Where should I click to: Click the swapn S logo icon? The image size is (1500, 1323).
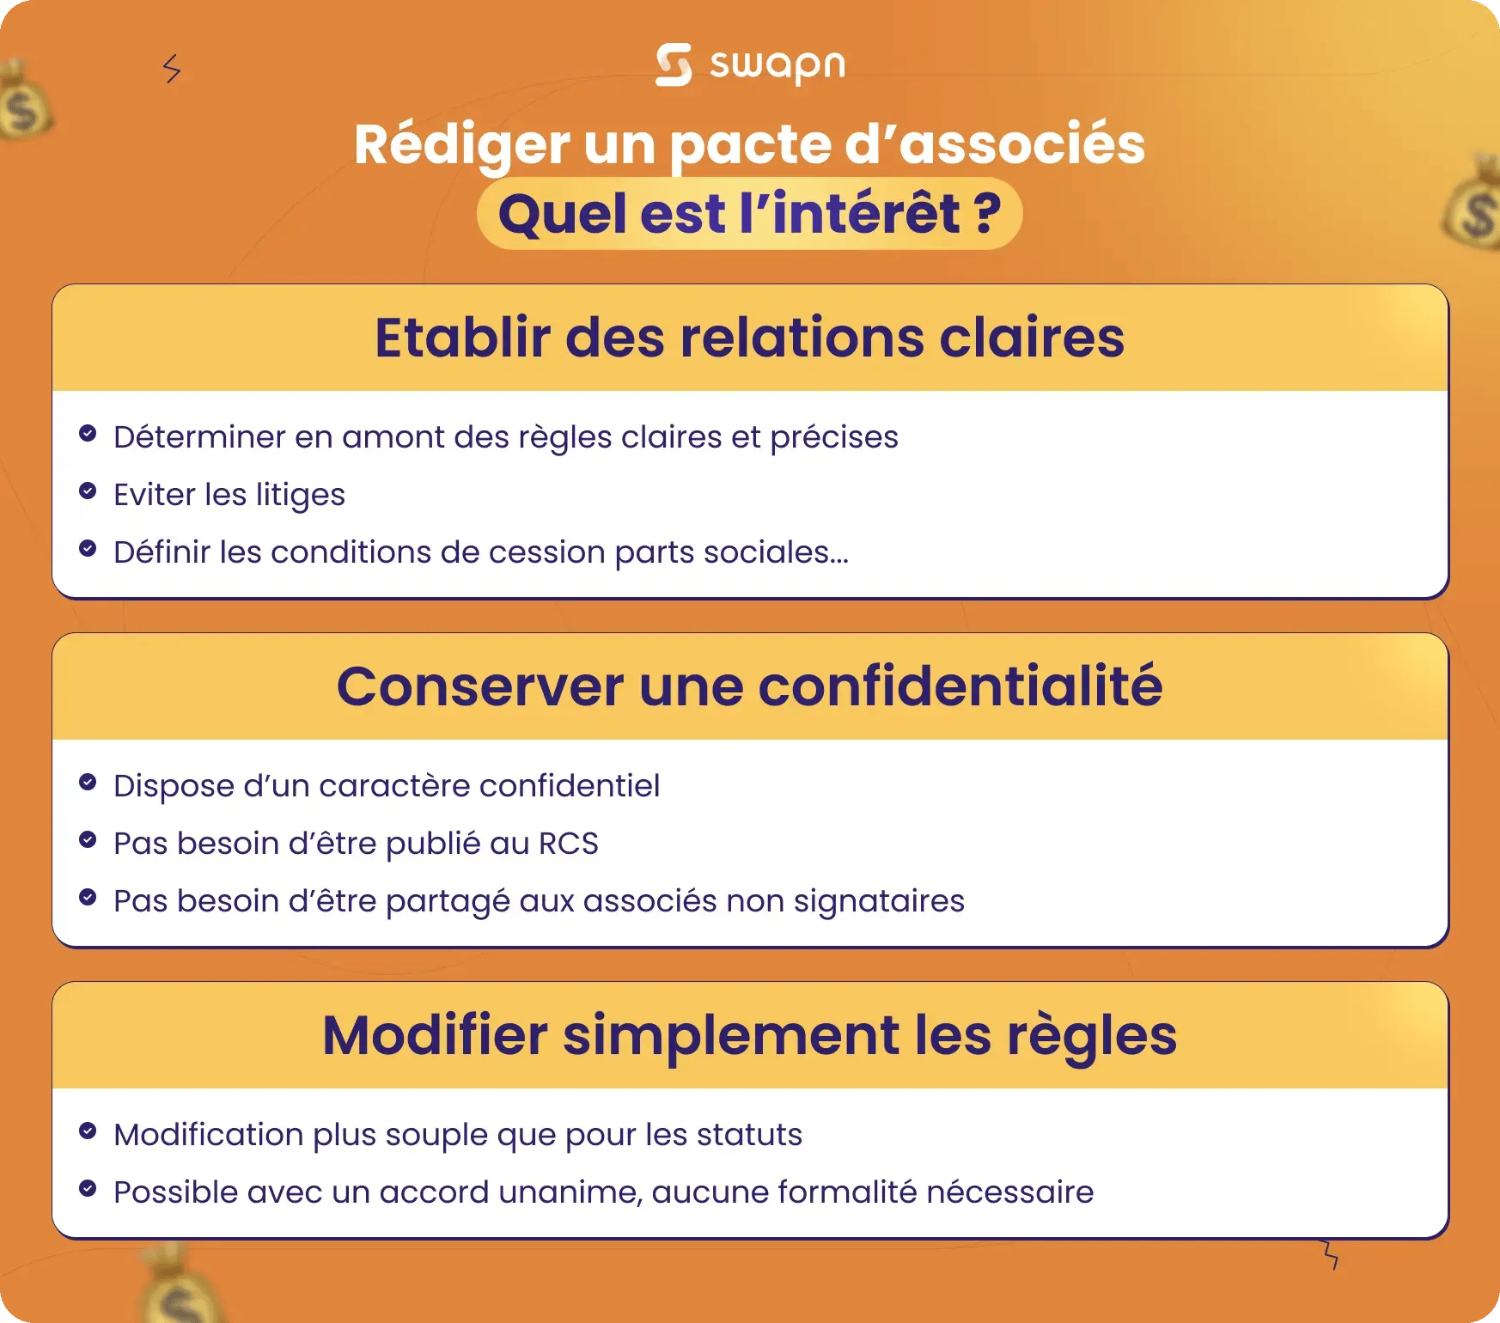coord(673,64)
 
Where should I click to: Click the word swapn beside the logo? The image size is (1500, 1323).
coord(777,65)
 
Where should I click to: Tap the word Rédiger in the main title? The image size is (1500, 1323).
coord(462,144)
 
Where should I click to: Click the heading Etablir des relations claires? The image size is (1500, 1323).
coord(749,338)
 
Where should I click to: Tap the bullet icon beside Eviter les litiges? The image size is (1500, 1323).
coord(88,491)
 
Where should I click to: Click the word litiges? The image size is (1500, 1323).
coord(300,496)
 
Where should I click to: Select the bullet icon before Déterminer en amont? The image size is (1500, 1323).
coord(88,433)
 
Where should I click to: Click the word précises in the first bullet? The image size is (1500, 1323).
coord(833,438)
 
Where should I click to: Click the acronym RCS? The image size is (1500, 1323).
coord(568,844)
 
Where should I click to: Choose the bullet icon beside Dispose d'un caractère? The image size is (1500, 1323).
coord(88,782)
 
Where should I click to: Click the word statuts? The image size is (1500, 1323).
coord(748,1135)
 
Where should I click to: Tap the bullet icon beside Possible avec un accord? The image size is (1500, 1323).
coord(88,1189)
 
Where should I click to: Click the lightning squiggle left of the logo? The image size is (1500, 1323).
coord(172,69)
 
